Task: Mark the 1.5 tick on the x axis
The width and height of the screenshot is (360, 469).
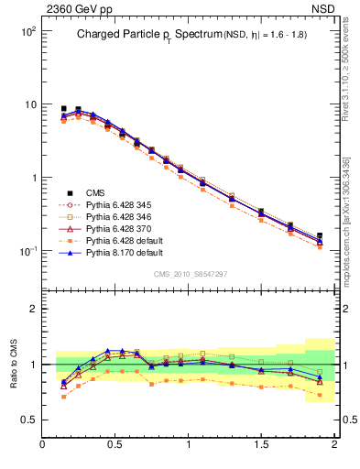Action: (x=261, y=444)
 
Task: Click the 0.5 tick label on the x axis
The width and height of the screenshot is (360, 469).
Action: (x=115, y=444)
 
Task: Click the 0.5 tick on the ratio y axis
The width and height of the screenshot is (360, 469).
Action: (x=29, y=420)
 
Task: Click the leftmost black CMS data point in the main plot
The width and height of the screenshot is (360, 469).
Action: (x=63, y=109)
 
